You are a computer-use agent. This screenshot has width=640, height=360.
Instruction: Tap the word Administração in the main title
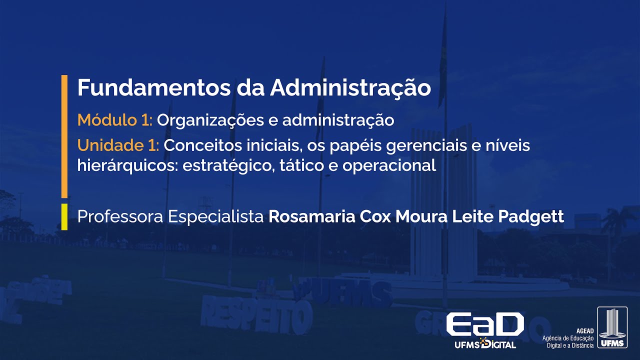pyautogui.click(x=350, y=88)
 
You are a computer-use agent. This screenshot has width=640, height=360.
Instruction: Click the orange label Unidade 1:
pyautogui.click(x=118, y=145)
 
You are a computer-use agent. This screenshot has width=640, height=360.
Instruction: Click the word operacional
pyautogui.click(x=389, y=165)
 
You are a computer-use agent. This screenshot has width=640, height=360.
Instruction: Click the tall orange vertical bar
pyautogui.click(x=64, y=136)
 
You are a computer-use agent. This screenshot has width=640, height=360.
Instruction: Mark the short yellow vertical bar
pyautogui.click(x=64, y=216)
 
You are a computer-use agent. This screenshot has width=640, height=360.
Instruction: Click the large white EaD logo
pyautogui.click(x=484, y=324)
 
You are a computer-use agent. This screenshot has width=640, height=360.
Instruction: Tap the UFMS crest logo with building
pyautogui.click(x=612, y=327)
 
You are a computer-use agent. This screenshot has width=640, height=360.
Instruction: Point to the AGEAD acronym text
pyautogui.click(x=585, y=331)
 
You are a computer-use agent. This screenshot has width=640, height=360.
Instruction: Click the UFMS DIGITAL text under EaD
pyautogui.click(x=485, y=344)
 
